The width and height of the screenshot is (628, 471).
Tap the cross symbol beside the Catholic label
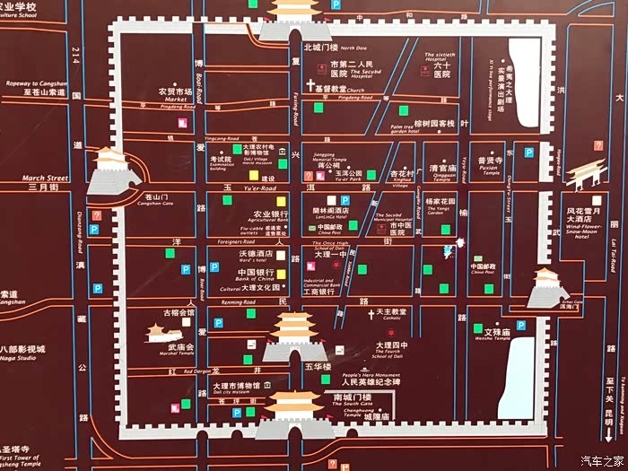click(371, 315)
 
